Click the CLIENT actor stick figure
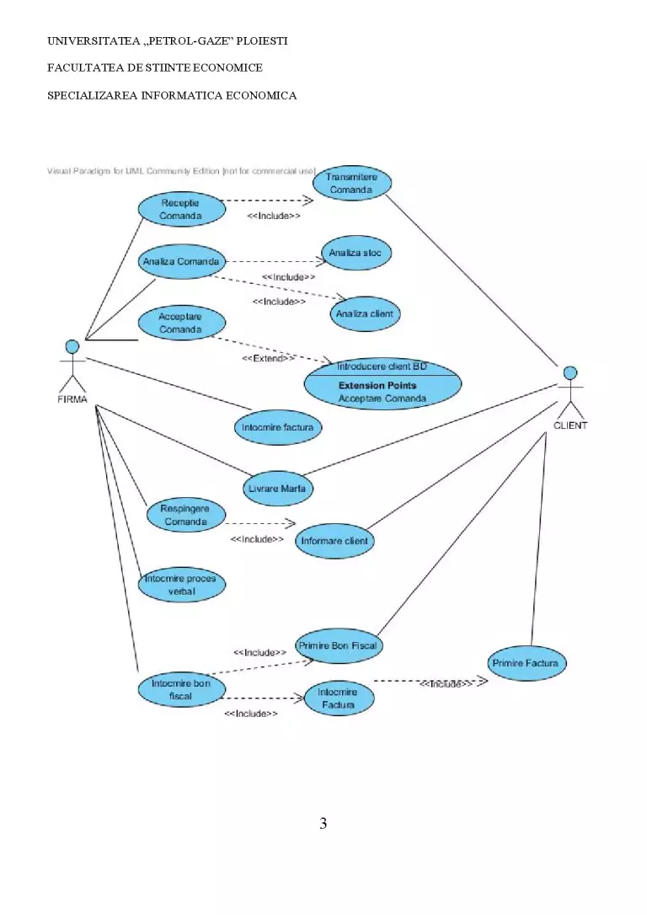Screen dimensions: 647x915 [570, 392]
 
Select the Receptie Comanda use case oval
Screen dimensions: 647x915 [181, 209]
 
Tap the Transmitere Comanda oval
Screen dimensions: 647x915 [352, 183]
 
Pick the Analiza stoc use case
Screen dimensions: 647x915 [356, 253]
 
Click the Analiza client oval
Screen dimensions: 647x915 [366, 313]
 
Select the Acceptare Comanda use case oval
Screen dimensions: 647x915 [181, 323]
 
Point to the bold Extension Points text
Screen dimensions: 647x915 [377, 385]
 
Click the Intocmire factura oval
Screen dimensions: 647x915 [278, 427]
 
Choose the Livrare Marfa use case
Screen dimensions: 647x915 [278, 489]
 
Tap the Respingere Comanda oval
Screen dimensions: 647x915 [185, 515]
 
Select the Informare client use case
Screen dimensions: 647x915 [334, 541]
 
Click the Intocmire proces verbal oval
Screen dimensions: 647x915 [181, 585]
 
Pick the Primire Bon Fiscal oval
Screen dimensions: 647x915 [339, 646]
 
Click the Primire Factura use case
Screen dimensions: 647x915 [527, 663]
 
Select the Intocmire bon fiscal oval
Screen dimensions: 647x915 [181, 689]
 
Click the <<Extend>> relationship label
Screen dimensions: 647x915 [269, 358]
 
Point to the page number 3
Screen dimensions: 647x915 [323, 823]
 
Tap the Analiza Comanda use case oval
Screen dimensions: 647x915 [181, 261]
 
